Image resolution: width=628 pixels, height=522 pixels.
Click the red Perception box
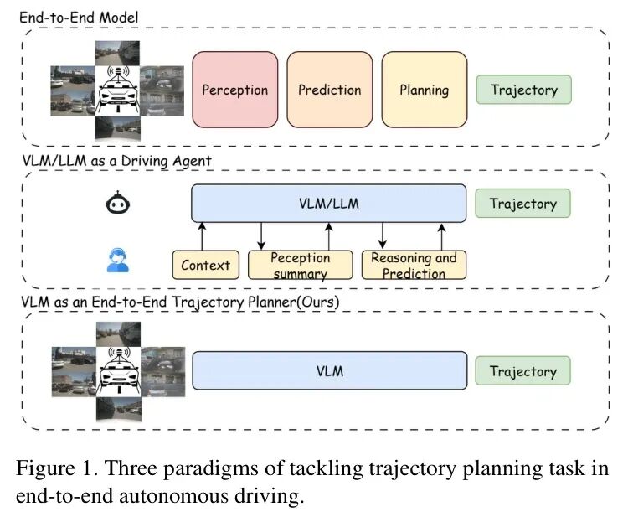(235, 90)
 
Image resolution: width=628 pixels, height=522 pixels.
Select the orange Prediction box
(330, 90)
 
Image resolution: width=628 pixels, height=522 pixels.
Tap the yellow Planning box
(424, 90)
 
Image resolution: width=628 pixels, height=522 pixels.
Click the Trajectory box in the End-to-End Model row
(523, 90)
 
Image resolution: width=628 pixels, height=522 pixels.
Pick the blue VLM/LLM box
(328, 203)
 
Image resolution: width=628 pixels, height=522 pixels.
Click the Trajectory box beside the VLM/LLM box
(523, 204)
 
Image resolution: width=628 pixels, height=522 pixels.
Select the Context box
(205, 265)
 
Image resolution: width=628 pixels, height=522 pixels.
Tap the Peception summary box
(300, 265)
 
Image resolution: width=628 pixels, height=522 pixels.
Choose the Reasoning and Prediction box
(414, 265)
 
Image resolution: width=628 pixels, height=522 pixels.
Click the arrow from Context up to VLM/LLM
(202, 236)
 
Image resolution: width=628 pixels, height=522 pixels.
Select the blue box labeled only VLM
(328, 370)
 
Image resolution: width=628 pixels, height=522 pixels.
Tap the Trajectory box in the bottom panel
(523, 371)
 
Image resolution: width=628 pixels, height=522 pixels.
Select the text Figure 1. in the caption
(51, 468)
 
